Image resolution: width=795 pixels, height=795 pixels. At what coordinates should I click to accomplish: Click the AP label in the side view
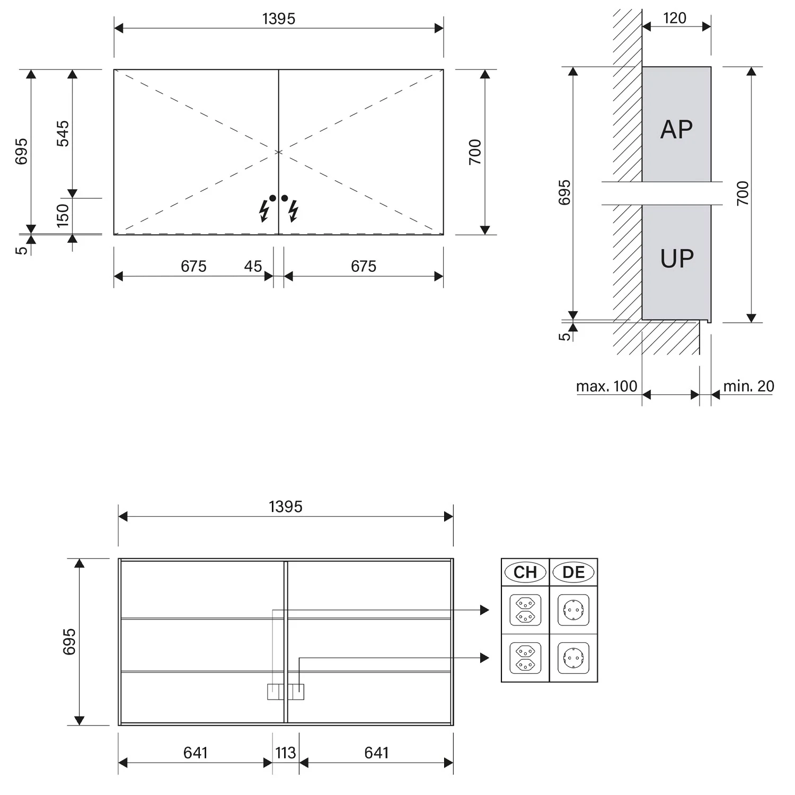point(676,129)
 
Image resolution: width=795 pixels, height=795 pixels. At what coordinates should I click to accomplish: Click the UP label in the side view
point(677,259)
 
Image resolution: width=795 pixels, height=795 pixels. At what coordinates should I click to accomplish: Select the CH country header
point(525,572)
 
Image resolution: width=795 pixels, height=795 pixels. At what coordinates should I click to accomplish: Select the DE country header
point(573,572)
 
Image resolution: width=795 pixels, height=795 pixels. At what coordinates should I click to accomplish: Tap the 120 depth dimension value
point(675,18)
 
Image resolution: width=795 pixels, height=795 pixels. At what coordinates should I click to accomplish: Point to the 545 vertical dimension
point(63,134)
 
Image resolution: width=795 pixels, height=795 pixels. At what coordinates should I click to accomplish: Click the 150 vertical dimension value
point(63,216)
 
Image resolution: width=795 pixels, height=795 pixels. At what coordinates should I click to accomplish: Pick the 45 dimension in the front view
point(253,266)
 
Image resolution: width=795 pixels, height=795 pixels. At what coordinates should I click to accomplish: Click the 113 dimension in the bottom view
point(285,753)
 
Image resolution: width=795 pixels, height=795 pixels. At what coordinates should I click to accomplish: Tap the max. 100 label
point(606,386)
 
